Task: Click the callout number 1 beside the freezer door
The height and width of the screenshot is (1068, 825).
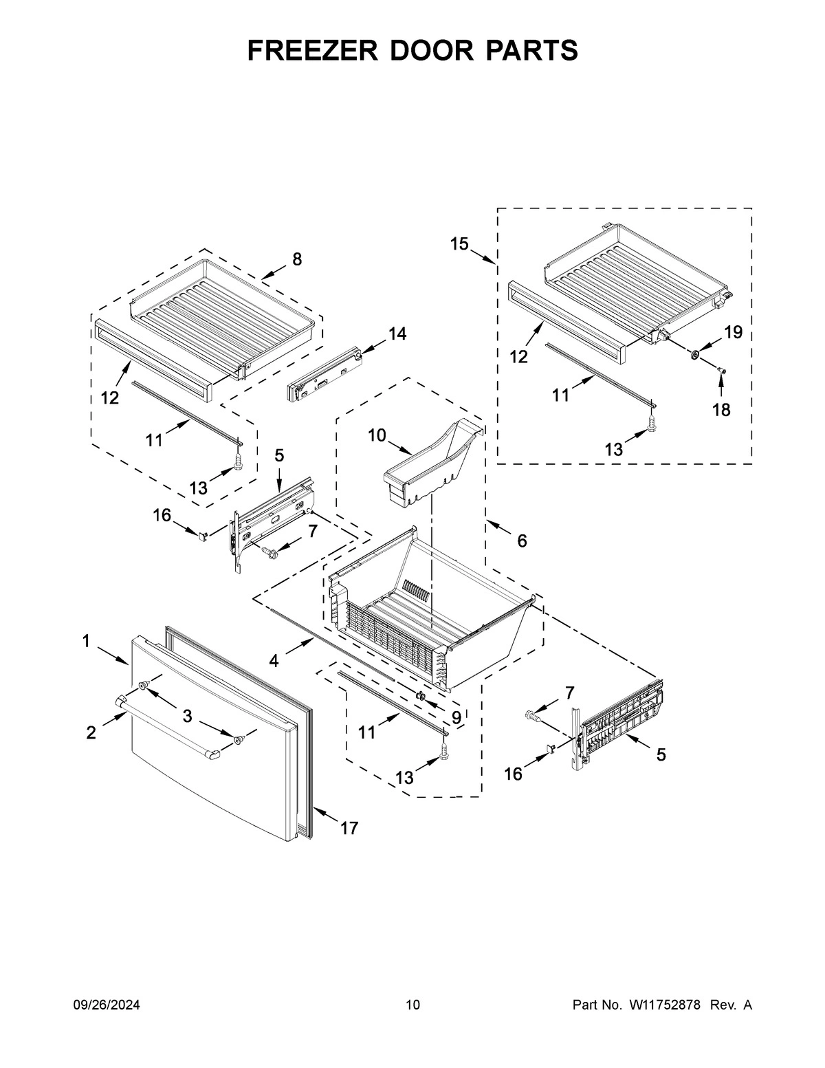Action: click(86, 641)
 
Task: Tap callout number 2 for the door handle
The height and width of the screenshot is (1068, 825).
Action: click(91, 733)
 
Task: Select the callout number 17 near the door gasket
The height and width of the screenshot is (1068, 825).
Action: click(349, 828)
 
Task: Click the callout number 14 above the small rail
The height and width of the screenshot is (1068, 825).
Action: click(397, 334)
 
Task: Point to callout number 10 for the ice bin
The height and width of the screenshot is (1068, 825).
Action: click(377, 435)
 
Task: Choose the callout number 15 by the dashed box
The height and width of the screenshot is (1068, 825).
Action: click(459, 243)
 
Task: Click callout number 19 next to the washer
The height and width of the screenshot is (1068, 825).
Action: click(733, 332)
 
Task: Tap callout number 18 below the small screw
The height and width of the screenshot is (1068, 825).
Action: click(721, 410)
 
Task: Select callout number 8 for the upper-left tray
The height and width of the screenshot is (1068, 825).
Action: click(296, 259)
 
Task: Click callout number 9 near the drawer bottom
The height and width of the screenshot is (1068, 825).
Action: click(456, 717)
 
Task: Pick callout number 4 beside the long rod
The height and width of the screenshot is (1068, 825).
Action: click(274, 661)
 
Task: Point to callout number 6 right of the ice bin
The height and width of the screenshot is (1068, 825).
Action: click(522, 541)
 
